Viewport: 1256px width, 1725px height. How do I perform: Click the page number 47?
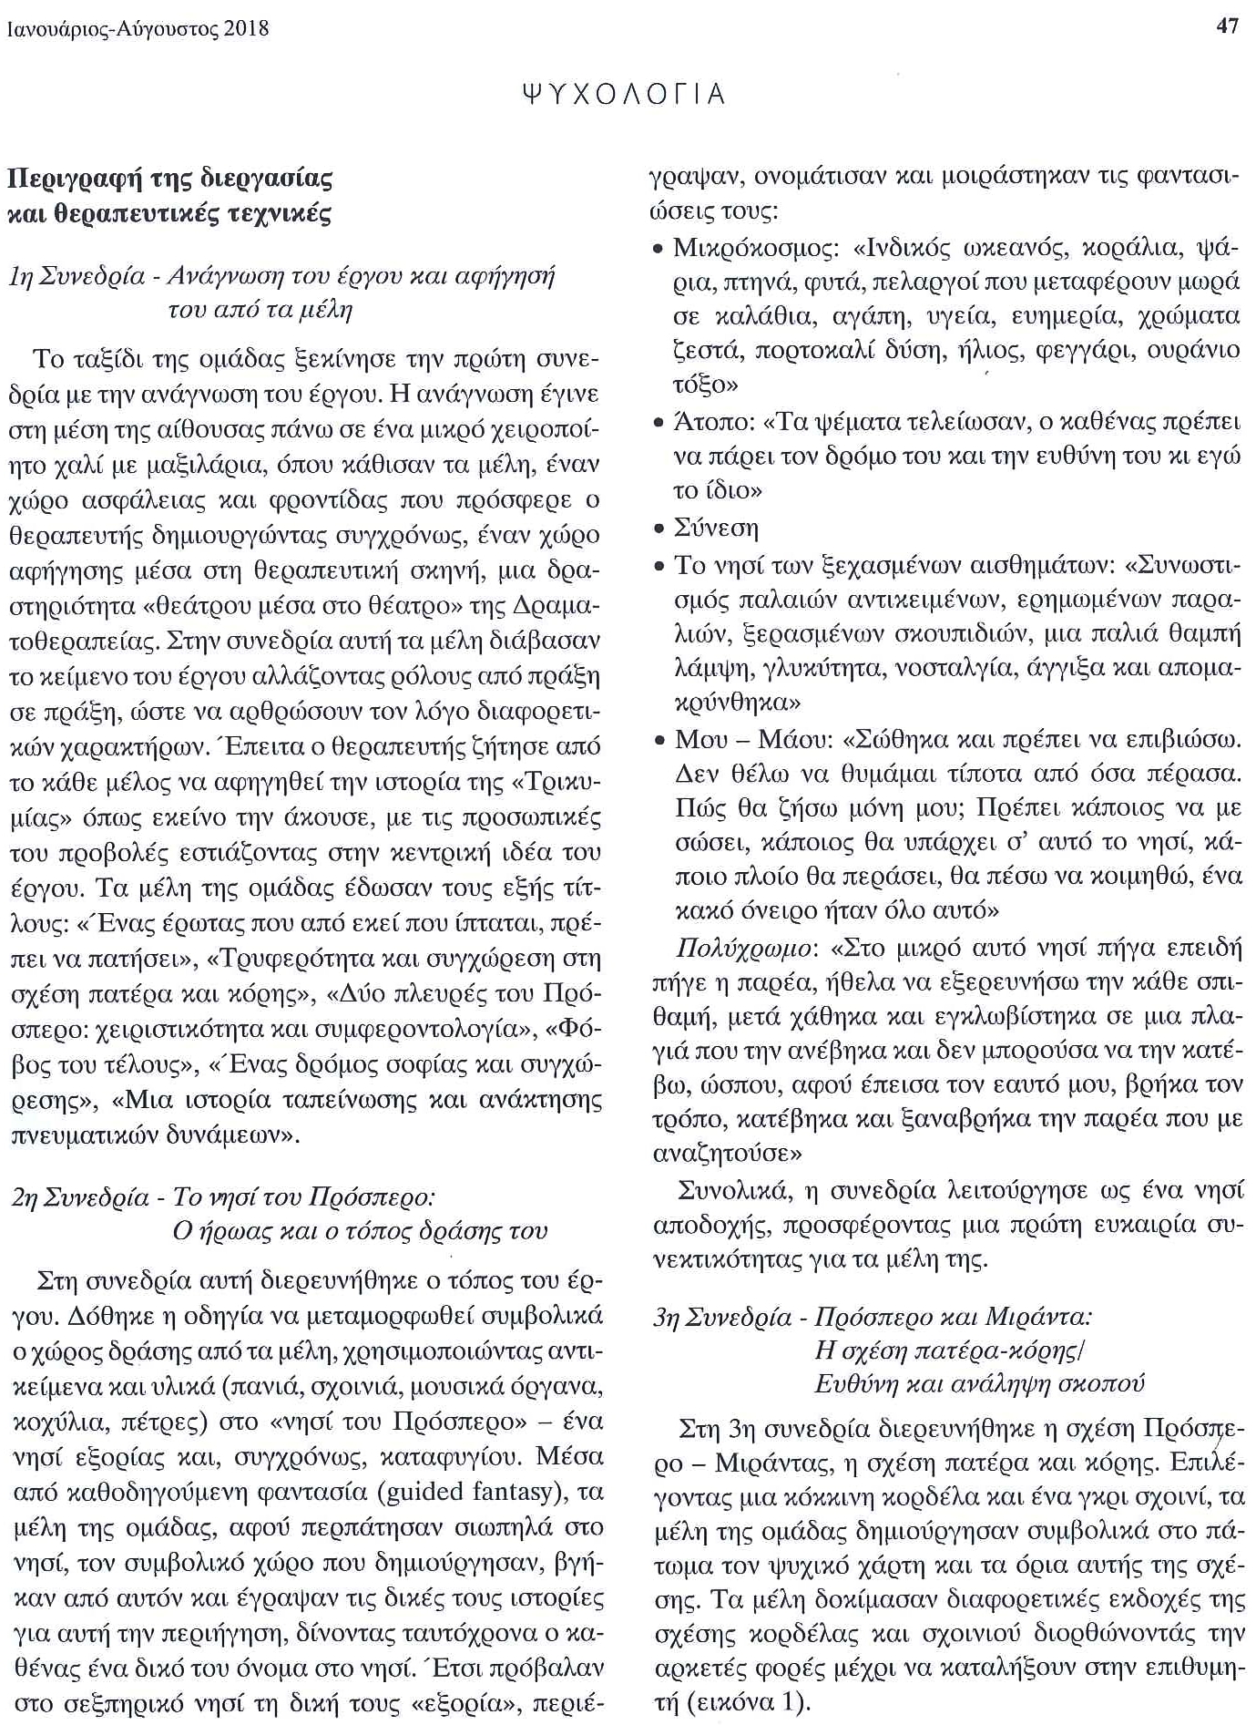coord(1227,26)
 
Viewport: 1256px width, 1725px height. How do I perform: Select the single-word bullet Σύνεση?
coord(716,529)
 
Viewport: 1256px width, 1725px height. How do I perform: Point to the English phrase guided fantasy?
coord(479,1492)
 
